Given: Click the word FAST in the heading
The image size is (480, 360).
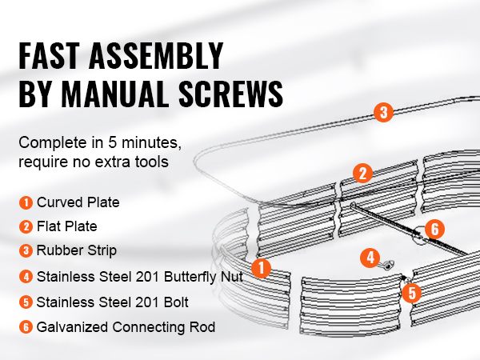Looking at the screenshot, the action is (49, 56).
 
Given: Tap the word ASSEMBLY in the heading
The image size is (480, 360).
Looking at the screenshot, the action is (156, 56).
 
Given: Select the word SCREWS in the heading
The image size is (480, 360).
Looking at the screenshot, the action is (231, 94).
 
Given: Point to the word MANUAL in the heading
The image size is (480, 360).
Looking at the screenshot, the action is (115, 94).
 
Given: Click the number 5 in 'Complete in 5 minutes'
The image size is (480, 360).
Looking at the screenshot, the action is (112, 142).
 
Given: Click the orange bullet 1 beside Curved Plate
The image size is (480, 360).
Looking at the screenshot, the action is (26, 202).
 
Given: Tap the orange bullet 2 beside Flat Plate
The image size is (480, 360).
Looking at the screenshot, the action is (26, 227).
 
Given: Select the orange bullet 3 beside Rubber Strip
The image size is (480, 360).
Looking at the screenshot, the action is (26, 250).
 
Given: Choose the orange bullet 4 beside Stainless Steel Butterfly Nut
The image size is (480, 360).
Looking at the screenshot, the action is (26, 277).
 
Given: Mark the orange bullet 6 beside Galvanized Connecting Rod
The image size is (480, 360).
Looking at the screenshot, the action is (26, 327).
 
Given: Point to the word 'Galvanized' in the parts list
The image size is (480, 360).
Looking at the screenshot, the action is (73, 327).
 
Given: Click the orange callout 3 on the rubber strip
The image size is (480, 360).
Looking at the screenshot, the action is (383, 112).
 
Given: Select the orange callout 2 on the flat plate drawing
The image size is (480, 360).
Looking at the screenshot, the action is (362, 174).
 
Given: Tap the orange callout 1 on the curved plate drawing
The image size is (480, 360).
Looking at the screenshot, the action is (261, 268).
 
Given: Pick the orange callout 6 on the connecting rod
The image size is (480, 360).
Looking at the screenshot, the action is (434, 229).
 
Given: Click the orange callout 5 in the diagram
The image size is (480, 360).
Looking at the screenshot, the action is (412, 293).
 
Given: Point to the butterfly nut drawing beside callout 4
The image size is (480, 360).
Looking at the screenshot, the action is (386, 265).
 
